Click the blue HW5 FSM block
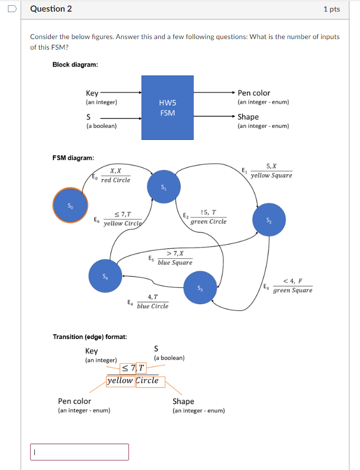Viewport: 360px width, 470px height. pyautogui.click(x=167, y=108)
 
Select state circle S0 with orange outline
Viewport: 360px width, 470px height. pyautogui.click(x=70, y=205)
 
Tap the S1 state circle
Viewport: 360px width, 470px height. pyautogui.click(x=164, y=186)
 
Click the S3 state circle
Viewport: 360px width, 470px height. pyautogui.click(x=200, y=288)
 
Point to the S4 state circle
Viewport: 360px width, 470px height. pyautogui.click(x=105, y=276)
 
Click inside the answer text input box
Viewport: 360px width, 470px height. pyautogui.click(x=79, y=452)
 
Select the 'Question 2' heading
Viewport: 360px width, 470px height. pyautogui.click(x=51, y=9)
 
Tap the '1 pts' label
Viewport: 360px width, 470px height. pyautogui.click(x=331, y=10)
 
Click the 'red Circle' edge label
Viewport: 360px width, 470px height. pyautogui.click(x=115, y=180)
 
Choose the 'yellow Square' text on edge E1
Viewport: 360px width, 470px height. pyautogui.click(x=271, y=175)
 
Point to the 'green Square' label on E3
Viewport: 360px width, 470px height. pyautogui.click(x=292, y=290)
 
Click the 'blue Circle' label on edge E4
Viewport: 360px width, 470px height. pyautogui.click(x=152, y=306)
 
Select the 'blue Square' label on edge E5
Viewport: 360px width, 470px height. pyautogui.click(x=175, y=262)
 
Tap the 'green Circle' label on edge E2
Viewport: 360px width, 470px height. pyautogui.click(x=208, y=222)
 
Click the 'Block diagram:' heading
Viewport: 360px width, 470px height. pyautogui.click(x=75, y=64)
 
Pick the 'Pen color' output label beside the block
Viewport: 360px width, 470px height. pyautogui.click(x=254, y=93)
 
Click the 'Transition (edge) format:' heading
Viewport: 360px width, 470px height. pyautogui.click(x=90, y=336)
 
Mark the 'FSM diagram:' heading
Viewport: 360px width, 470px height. pyautogui.click(x=73, y=157)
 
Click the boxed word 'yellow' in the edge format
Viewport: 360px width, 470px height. pyautogui.click(x=121, y=381)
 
